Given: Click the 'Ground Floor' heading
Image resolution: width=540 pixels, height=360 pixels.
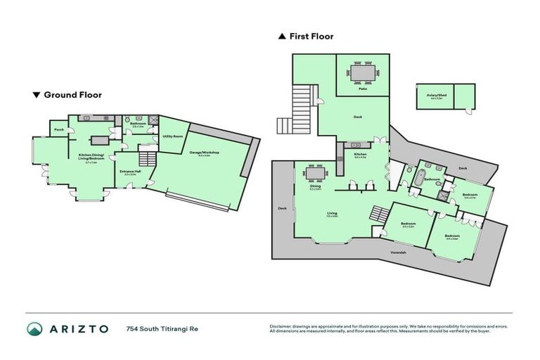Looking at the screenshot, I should tap(72, 94).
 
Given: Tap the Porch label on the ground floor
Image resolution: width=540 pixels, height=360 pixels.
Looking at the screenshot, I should tap(57, 129).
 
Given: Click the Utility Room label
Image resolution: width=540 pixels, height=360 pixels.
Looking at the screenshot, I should tap(173, 136).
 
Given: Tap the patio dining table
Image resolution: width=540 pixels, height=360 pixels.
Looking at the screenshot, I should tap(363, 72).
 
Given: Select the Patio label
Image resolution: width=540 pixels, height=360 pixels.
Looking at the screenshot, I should tap(363, 89).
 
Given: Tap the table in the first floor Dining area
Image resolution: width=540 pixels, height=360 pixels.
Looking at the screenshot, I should tap(316, 173).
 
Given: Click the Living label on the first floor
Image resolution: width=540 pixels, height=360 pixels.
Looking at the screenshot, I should tap(331, 213).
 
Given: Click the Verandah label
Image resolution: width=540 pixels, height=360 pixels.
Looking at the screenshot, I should tap(399, 252).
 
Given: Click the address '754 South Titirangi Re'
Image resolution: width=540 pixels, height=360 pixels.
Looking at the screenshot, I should tap(160, 328).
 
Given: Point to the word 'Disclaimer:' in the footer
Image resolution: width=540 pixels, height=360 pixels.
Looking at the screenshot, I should tap(283, 326).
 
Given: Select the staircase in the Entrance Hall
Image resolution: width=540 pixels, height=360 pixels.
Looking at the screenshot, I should tap(146, 158).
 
